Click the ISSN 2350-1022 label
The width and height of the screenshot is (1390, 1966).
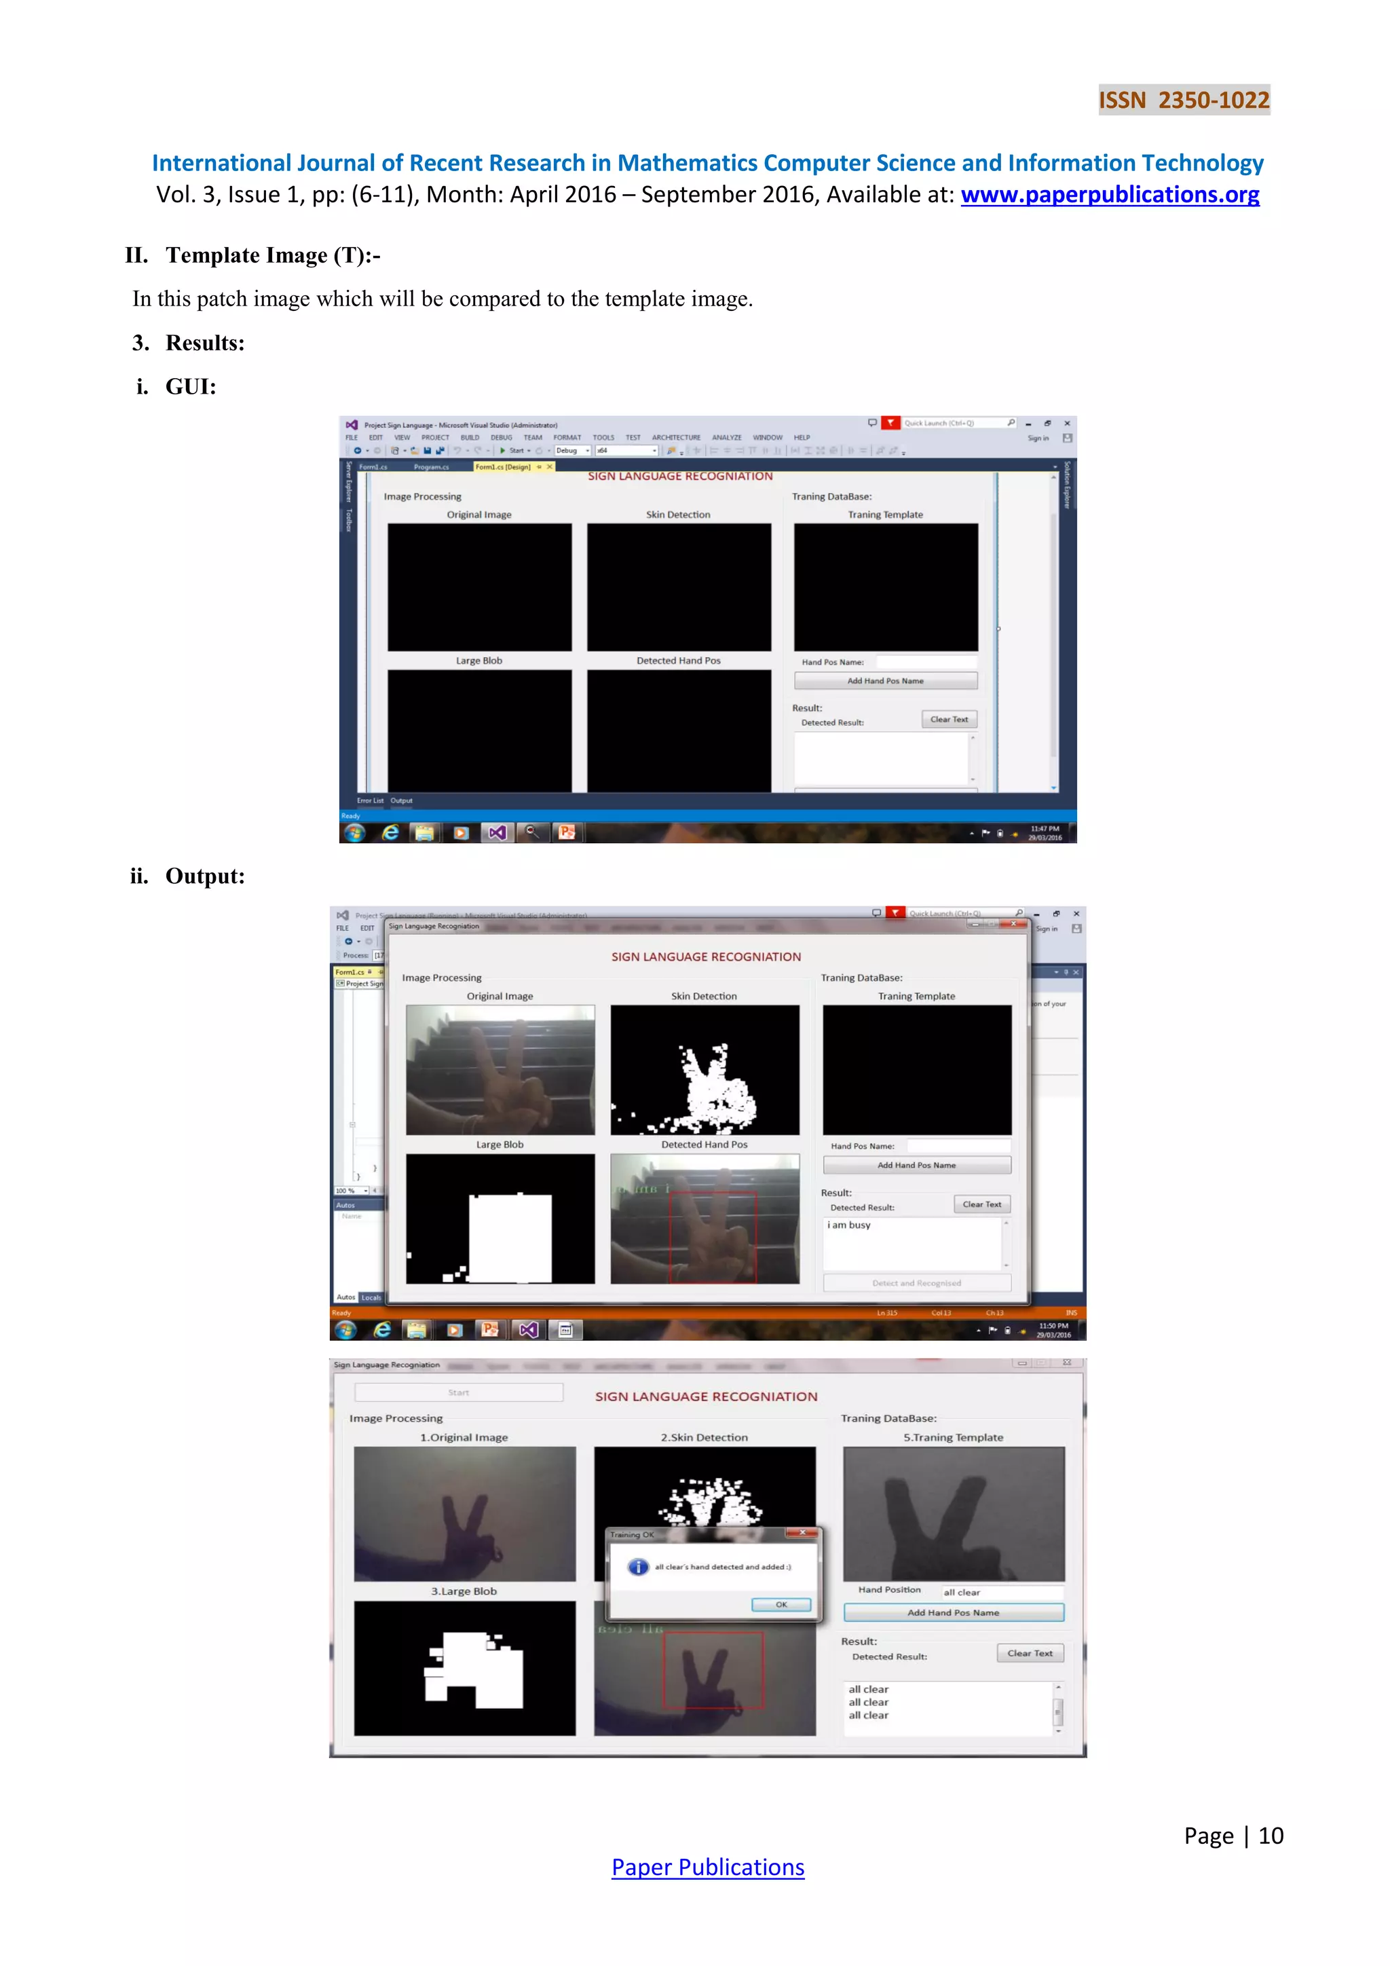pos(1184,100)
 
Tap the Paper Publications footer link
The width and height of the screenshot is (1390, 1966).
pos(707,1867)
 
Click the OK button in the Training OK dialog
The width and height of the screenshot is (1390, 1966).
pos(781,1605)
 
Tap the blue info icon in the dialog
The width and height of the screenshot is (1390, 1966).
pos(638,1567)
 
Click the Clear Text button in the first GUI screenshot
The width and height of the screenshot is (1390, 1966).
pos(948,720)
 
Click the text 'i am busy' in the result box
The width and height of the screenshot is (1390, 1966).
pos(849,1225)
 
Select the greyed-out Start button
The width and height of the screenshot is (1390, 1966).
pos(459,1392)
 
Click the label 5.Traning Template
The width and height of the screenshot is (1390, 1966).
pos(953,1438)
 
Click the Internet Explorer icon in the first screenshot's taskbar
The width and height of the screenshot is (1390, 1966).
pos(390,832)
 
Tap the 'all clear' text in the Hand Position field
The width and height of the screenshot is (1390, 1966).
pos(961,1593)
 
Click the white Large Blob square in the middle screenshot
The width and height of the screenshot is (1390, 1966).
pos(510,1238)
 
